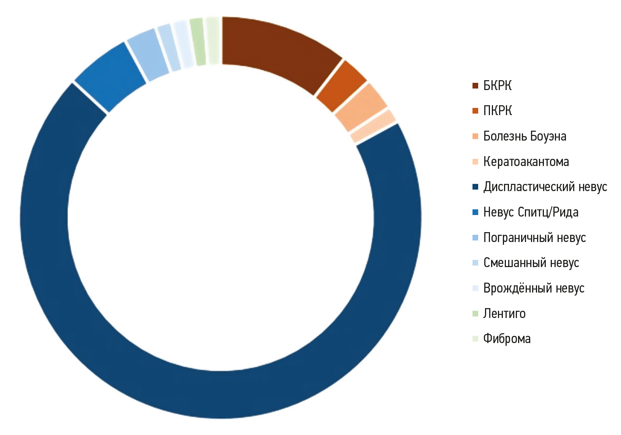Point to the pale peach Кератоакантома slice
pyautogui.click(x=373, y=131)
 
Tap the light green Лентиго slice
pyautogui.click(x=198, y=42)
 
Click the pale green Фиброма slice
pyautogui.click(x=213, y=41)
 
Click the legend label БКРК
pyautogui.click(x=497, y=86)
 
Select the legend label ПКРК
pyautogui.click(x=498, y=111)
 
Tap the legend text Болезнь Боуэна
pyautogui.click(x=525, y=136)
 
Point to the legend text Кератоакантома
pyautogui.click(x=526, y=162)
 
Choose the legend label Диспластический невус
pyautogui.click(x=545, y=187)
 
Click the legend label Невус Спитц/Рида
pyautogui.click(x=531, y=212)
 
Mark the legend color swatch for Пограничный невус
pyautogui.click(x=475, y=238)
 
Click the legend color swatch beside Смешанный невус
pyautogui.click(x=475, y=263)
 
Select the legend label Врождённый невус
pyautogui.click(x=534, y=288)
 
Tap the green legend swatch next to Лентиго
pyautogui.click(x=475, y=313)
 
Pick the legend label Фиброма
pyautogui.click(x=507, y=339)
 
